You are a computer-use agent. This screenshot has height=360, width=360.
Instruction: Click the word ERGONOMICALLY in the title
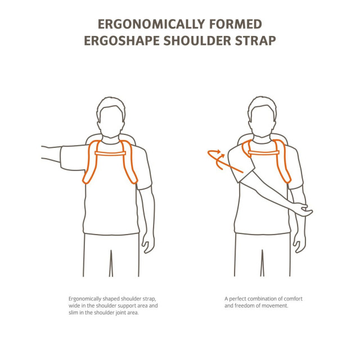[x=151, y=24]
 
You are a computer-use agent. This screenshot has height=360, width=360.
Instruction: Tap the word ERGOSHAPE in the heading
[x=121, y=41]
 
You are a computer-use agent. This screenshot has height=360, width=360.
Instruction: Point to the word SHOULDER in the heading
[x=197, y=41]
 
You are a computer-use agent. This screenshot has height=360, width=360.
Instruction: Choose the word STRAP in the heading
[x=255, y=41]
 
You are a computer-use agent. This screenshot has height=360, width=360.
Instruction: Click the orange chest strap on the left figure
[x=110, y=153]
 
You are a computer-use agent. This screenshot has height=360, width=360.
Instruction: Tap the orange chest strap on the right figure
[x=263, y=152]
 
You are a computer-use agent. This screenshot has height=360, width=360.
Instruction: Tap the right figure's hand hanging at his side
[x=300, y=244]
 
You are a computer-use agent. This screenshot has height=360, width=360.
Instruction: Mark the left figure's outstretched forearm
[x=51, y=152]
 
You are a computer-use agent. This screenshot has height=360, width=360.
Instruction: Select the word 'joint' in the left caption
[x=120, y=313]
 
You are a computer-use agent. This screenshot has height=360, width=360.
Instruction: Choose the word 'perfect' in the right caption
[x=238, y=299]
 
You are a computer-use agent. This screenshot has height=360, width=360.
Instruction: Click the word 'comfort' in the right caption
[x=293, y=299]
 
